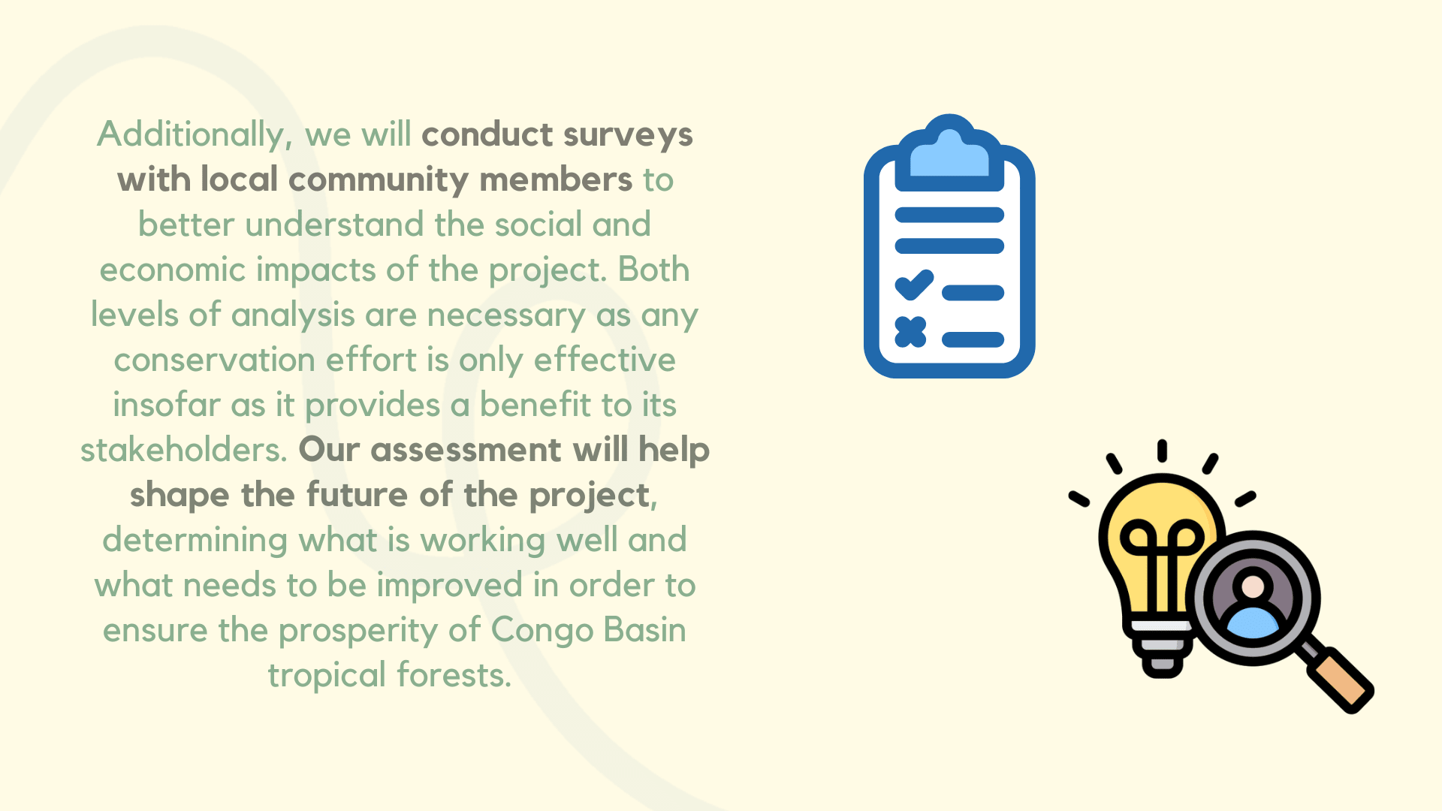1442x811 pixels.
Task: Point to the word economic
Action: [173, 270]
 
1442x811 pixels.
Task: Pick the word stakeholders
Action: [183, 450]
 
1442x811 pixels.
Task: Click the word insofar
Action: [166, 405]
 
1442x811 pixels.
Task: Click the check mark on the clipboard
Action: [914, 285]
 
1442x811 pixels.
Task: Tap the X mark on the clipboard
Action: [910, 332]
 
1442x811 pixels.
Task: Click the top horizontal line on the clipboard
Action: [949, 215]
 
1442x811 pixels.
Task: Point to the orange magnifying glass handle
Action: [1341, 681]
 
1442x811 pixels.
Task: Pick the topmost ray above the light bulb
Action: [1162, 451]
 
